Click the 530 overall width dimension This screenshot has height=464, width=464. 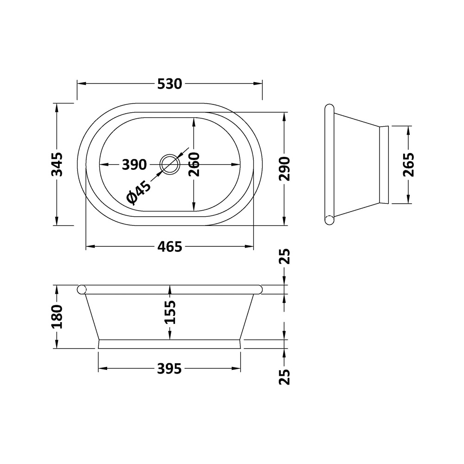[169, 84]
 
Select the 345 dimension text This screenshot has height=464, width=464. [57, 164]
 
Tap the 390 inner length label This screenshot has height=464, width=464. [134, 164]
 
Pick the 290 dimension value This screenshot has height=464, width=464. [284, 168]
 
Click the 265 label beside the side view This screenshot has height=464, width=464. [408, 165]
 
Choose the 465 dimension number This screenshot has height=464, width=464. [169, 247]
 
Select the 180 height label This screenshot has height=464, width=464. [57, 316]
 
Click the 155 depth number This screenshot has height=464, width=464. [170, 312]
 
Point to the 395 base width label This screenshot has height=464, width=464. [169, 369]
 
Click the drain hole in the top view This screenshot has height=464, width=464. [170, 164]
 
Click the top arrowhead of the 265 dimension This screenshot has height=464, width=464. [408, 130]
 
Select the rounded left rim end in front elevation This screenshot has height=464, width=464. [82, 289]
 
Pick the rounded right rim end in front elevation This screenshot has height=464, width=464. [258, 289]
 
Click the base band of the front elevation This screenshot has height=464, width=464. [169, 344]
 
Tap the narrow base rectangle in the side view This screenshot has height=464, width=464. [384, 165]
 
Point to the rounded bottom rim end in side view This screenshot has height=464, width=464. [329, 220]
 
